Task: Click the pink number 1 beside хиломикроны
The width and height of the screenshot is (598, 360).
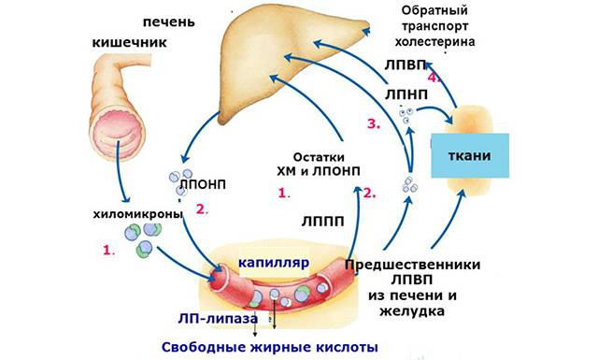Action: coord(109,251)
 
